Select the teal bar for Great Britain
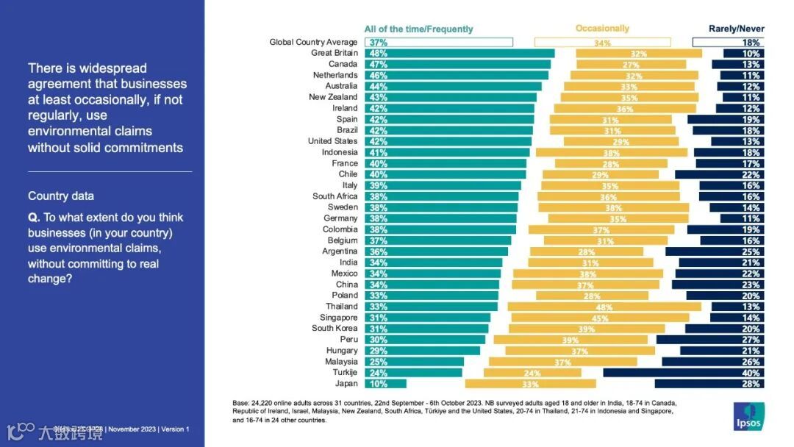point(459,53)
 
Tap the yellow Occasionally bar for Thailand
point(604,307)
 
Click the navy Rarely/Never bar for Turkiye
point(683,373)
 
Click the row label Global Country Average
point(313,42)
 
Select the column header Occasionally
point(602,29)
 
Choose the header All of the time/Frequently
point(418,29)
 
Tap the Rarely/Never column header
point(736,29)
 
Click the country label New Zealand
point(333,97)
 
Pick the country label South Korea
point(335,329)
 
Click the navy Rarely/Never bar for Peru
point(710,340)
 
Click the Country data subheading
point(61,196)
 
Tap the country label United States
point(332,141)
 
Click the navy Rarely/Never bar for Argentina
point(715,251)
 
